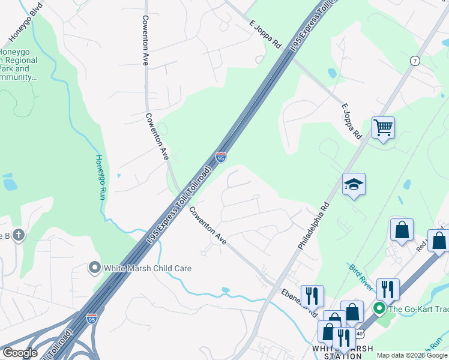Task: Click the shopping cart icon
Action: [383, 128]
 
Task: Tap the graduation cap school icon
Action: [354, 184]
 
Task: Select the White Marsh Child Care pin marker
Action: [94, 268]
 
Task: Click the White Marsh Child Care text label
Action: [148, 268]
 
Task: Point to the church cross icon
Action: [19, 235]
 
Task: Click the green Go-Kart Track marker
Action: [379, 309]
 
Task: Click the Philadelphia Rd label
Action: [313, 225]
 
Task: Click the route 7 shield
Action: [415, 61]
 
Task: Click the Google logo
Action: [20, 353]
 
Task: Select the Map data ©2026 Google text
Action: [412, 355]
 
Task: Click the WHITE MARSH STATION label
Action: [343, 352]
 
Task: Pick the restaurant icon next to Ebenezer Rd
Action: [312, 295]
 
